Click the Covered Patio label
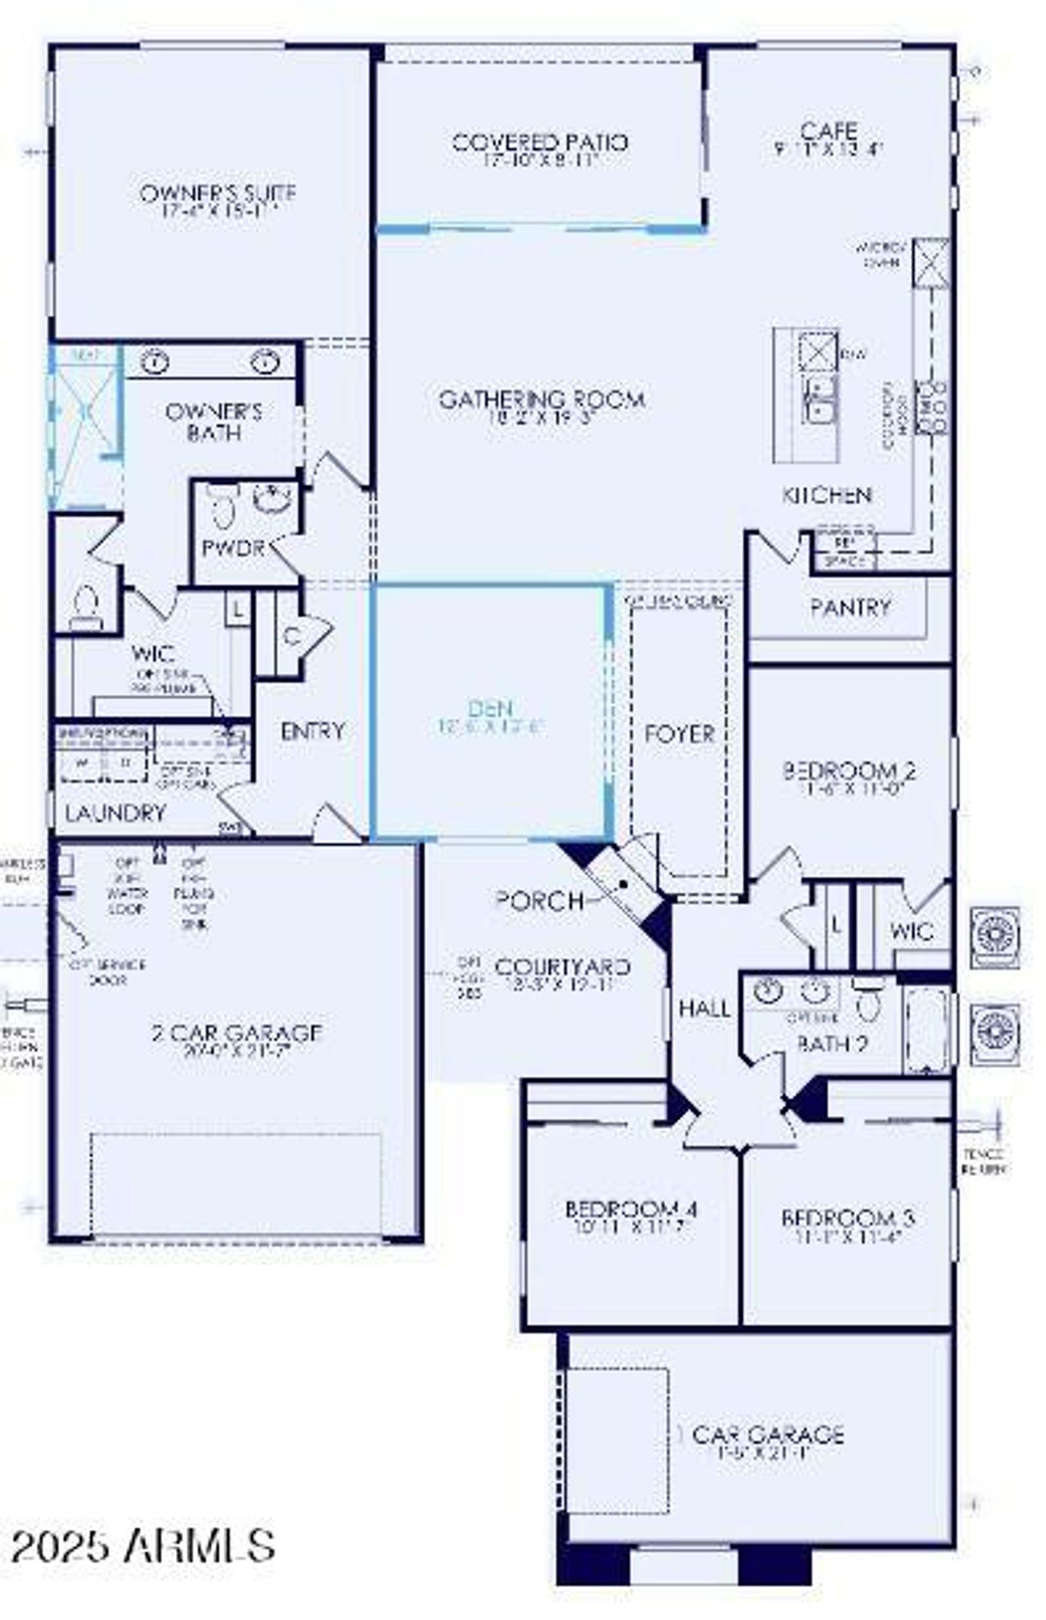[x=539, y=143]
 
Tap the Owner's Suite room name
[x=217, y=194]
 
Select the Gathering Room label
[x=542, y=399]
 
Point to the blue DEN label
[x=490, y=709]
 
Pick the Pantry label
[x=850, y=608]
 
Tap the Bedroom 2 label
[x=849, y=770]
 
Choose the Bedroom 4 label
[x=632, y=1208]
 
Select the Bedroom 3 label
[x=847, y=1218]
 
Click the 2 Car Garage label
[x=237, y=1033]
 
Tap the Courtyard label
[x=563, y=967]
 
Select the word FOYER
[x=680, y=734]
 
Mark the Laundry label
[x=115, y=813]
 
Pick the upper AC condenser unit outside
[x=995, y=936]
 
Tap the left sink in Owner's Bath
[x=155, y=362]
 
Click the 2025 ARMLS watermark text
[x=143, y=1546]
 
